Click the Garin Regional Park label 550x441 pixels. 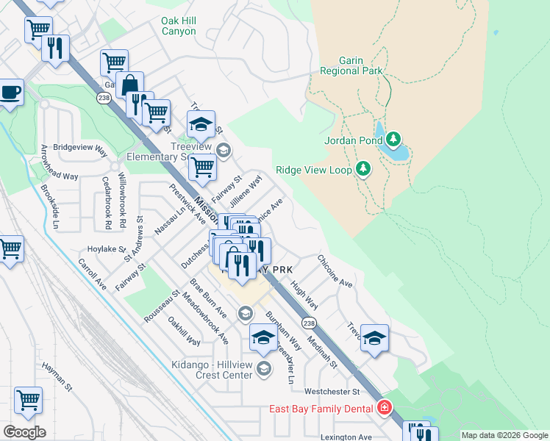point(351,65)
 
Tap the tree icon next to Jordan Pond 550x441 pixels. point(393,139)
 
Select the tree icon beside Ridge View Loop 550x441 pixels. point(362,169)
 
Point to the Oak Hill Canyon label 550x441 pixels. point(179,26)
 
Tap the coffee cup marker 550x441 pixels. point(10,93)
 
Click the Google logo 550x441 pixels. point(24,432)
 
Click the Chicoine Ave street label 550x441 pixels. point(335,271)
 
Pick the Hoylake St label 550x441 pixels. point(107,249)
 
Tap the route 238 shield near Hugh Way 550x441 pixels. point(309,323)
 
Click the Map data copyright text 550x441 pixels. point(504,435)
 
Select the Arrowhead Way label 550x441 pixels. point(60,176)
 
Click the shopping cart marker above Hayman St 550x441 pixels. point(28,400)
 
